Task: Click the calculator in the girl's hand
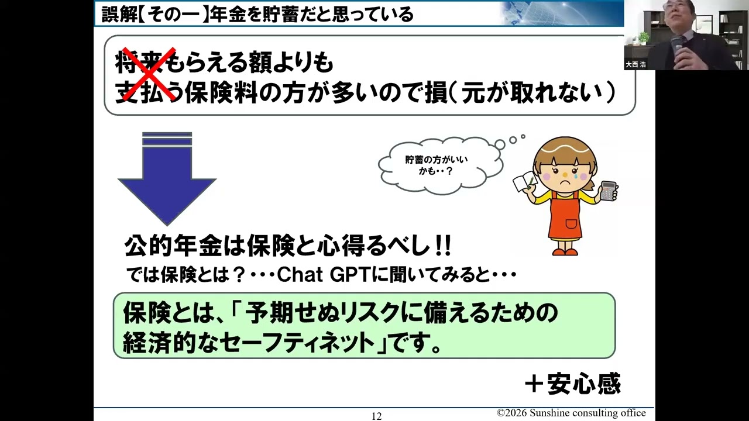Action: (x=608, y=191)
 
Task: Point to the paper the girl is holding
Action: (x=524, y=182)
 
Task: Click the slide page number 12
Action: (x=376, y=416)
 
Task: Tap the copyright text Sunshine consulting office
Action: (x=571, y=413)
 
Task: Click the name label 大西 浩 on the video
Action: (x=635, y=64)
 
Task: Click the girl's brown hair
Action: (x=565, y=149)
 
